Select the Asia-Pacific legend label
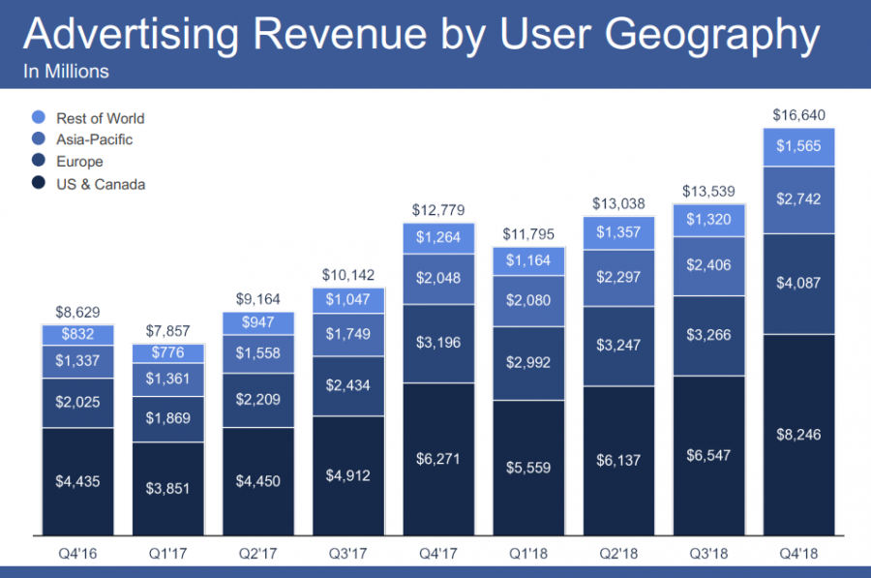[95, 139]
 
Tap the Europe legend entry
[79, 162]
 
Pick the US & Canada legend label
[101, 183]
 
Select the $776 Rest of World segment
[168, 353]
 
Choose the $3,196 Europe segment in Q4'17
[438, 343]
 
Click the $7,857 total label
[168, 329]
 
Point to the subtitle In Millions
[66, 72]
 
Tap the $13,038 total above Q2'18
[619, 203]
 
